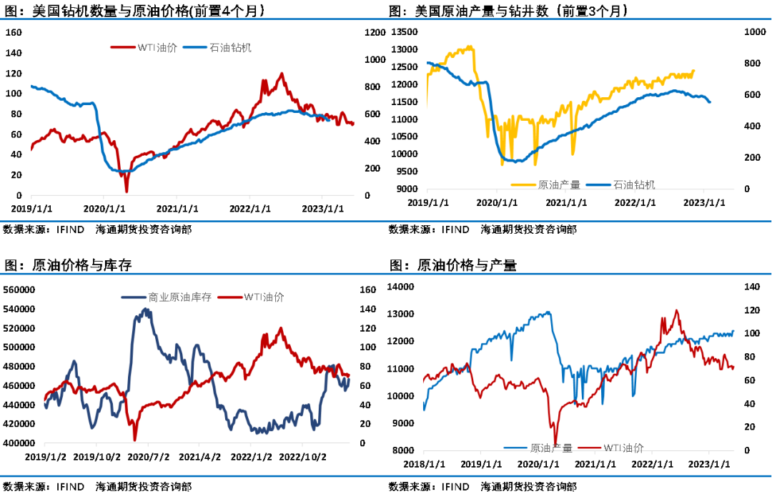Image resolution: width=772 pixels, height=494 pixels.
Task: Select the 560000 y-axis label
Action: coord(20,290)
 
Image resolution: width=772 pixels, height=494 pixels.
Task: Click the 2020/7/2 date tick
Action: coord(149,456)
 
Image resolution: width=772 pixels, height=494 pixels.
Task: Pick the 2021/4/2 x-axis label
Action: coord(199,456)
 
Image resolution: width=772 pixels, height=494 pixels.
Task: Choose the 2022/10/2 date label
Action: coord(302,456)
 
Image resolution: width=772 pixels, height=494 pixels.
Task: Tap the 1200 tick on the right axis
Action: coord(374,32)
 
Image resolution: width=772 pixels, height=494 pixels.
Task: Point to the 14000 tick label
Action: coord(400,287)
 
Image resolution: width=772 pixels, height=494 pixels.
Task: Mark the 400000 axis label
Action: coord(20,443)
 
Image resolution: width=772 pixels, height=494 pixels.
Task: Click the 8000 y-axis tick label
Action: coord(403,450)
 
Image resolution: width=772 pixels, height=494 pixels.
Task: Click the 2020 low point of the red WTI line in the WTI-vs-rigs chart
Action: coord(127,192)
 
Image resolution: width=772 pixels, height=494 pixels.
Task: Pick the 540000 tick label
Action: coord(20,310)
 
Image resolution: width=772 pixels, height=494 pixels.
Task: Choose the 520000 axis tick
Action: coord(20,328)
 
